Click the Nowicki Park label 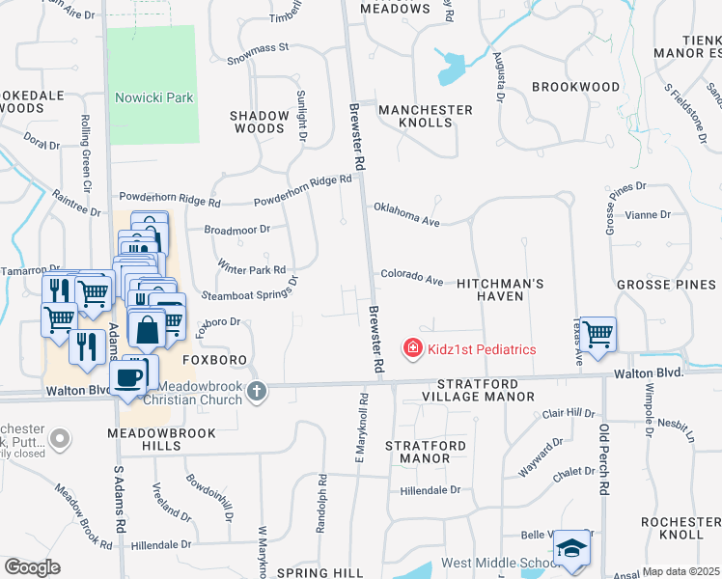153,97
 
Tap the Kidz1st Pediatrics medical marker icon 412,347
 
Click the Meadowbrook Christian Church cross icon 256,391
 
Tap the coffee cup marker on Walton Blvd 127,376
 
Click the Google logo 32,567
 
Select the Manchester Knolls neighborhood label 425,117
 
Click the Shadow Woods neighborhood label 259,122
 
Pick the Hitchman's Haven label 501,289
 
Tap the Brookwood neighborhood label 575,87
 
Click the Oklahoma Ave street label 406,214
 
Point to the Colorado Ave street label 411,277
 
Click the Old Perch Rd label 604,458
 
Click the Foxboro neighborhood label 215,359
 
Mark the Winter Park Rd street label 252,268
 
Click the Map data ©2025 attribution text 680,571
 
